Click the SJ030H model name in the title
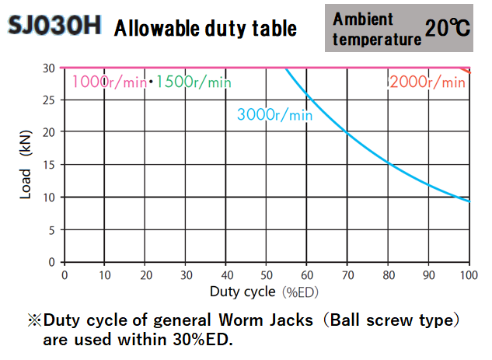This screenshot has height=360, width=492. pyautogui.click(x=54, y=26)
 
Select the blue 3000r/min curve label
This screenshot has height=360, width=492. pyautogui.click(x=274, y=114)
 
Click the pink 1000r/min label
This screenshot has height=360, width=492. pyautogui.click(x=109, y=82)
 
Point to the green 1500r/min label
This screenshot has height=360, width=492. pyautogui.click(x=194, y=82)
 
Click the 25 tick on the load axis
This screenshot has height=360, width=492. pyautogui.click(x=49, y=100)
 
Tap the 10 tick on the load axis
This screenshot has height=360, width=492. pyautogui.click(x=49, y=197)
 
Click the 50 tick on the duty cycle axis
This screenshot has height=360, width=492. pyautogui.click(x=267, y=275)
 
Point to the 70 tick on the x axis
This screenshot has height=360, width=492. pyautogui.click(x=347, y=275)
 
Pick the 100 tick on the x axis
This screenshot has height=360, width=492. pyautogui.click(x=469, y=275)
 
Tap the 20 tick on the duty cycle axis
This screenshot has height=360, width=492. pyautogui.click(x=145, y=275)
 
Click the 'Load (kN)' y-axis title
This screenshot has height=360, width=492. pyautogui.click(x=27, y=165)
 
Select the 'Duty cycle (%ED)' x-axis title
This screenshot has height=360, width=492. pyautogui.click(x=262, y=292)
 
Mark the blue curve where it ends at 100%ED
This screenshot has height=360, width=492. pyautogui.click(x=469, y=202)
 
